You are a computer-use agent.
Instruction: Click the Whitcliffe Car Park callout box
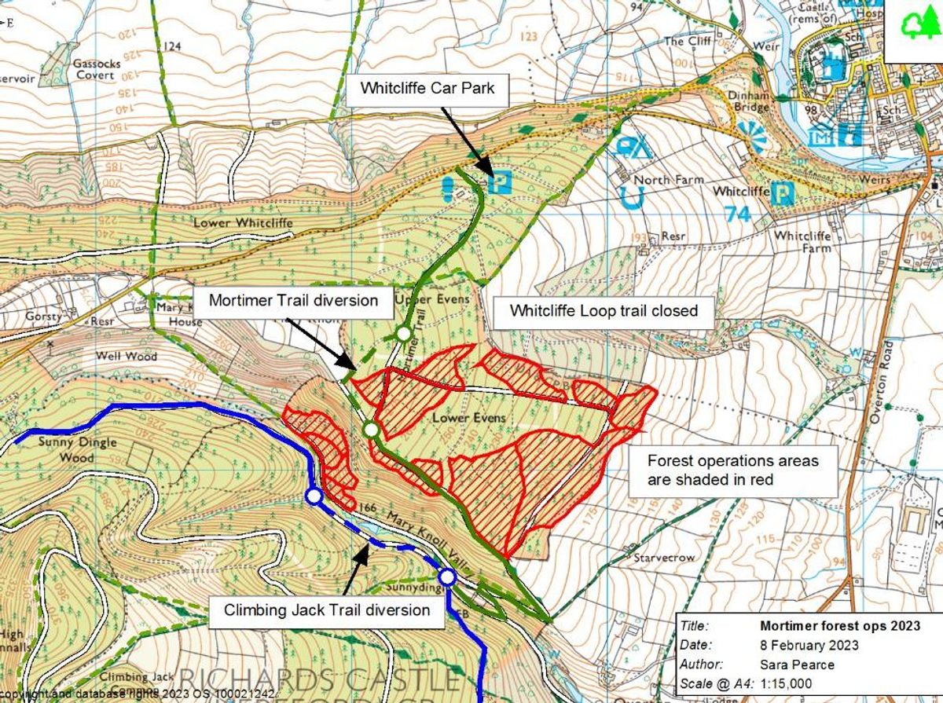(x=427, y=88)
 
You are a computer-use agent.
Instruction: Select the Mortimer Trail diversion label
(x=292, y=300)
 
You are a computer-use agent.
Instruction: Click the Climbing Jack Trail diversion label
(x=327, y=610)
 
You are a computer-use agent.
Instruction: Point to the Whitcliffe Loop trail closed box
(x=604, y=310)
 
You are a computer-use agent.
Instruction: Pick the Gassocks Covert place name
(x=95, y=69)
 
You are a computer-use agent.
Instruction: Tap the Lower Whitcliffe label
(x=243, y=224)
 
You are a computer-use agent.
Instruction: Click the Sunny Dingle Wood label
(x=77, y=449)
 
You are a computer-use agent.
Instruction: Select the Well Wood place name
(x=127, y=356)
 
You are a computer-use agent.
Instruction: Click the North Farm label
(x=669, y=180)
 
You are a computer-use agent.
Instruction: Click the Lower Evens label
(x=468, y=418)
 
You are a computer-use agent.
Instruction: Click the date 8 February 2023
(x=809, y=646)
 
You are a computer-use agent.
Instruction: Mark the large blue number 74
(x=739, y=214)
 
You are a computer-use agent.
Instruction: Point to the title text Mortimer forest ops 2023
(x=830, y=627)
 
